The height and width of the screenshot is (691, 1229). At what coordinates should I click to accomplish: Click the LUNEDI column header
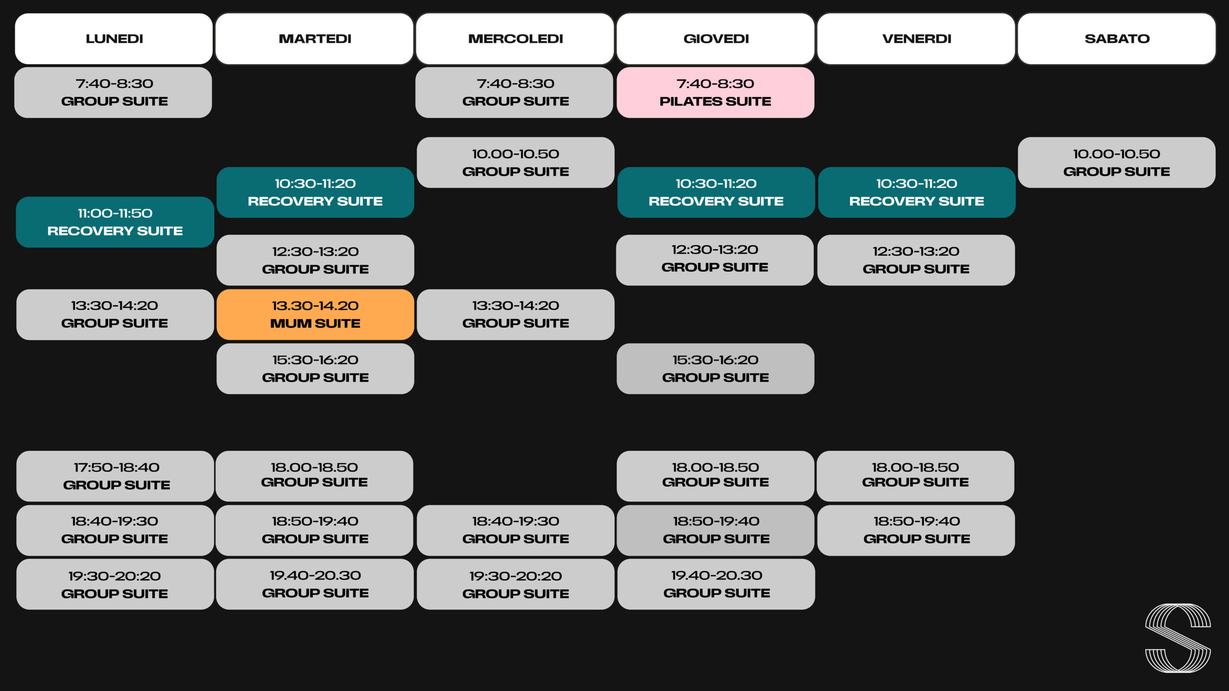[114, 38]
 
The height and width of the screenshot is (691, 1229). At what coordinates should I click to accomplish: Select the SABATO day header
[1117, 38]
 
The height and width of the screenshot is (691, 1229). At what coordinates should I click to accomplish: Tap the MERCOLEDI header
[515, 38]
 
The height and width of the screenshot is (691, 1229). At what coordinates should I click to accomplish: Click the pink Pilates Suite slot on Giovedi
[715, 92]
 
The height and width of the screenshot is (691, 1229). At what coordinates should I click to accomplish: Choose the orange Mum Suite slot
[315, 314]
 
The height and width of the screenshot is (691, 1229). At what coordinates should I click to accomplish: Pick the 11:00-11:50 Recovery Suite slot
[115, 222]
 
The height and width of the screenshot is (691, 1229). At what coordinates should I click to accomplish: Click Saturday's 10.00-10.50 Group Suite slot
[1117, 162]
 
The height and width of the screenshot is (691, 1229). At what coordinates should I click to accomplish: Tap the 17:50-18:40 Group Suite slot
[115, 476]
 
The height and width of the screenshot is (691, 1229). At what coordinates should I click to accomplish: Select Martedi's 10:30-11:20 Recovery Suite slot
[315, 192]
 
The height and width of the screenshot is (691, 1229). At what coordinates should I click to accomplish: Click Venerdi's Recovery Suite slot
[916, 192]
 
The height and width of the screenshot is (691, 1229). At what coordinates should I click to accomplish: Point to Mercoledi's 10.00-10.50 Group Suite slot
[516, 162]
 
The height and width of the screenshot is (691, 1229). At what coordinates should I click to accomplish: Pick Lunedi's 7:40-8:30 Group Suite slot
[113, 92]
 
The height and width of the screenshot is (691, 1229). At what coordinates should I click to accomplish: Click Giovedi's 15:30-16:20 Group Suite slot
[715, 369]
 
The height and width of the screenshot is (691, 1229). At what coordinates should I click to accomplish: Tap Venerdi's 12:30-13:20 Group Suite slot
[916, 260]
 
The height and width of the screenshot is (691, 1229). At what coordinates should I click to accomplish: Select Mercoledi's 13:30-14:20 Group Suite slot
[516, 314]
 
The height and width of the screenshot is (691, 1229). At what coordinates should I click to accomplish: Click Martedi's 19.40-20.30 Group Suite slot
[315, 584]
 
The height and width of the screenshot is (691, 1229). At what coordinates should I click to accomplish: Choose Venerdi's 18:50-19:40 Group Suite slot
[916, 530]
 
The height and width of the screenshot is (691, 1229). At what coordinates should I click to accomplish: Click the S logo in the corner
[1178, 638]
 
